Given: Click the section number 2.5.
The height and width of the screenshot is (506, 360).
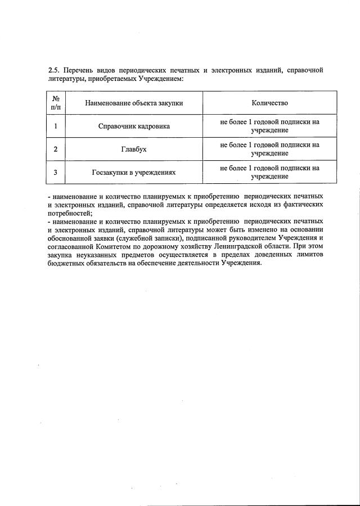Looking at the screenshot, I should click(x=54, y=70).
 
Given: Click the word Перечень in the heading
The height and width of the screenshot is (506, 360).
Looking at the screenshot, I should click(x=79, y=70).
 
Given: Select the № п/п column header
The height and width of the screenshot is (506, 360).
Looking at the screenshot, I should click(x=55, y=103).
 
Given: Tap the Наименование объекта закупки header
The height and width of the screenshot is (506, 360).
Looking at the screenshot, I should click(x=134, y=103).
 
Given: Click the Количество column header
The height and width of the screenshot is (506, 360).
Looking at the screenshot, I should click(x=269, y=103).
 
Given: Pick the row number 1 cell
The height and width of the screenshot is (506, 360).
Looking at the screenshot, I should click(x=55, y=126).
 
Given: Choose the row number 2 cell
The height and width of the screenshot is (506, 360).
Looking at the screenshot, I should click(x=55, y=149).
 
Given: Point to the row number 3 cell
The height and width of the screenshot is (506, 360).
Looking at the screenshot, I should click(x=55, y=172).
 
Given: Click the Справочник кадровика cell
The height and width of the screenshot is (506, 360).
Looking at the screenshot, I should click(x=134, y=126).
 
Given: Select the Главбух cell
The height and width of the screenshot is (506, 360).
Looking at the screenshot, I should click(x=134, y=149).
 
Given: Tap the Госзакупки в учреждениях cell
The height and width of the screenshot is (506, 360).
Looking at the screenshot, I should click(x=134, y=172).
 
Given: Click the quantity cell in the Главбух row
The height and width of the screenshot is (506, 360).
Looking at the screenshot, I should click(x=269, y=149).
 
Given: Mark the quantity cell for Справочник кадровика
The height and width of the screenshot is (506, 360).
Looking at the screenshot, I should click(x=269, y=126).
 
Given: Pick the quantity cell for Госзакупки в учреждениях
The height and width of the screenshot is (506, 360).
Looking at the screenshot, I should click(x=269, y=172).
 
